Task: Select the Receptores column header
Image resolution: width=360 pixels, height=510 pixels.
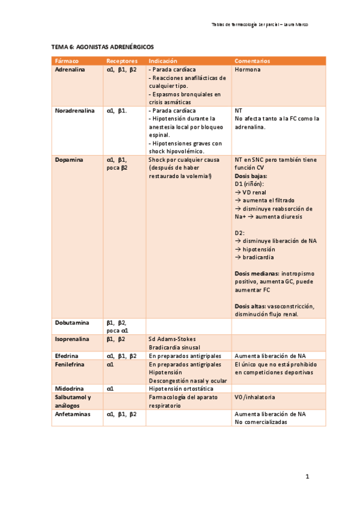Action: coord(122,61)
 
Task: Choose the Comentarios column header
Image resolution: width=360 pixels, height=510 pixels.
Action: coord(252,61)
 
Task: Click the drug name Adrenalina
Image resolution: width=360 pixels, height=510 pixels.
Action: coord(70,70)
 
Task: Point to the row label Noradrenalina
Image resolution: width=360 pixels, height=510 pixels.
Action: coord(74,111)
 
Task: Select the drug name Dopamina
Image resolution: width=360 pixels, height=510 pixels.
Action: coord(69,160)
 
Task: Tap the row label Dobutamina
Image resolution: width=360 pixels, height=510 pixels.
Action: coord(72,323)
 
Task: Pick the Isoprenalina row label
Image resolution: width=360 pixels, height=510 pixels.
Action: coord(72,339)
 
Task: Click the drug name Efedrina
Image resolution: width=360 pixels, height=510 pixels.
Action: coord(67,356)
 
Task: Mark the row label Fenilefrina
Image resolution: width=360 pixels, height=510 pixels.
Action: coord(70,364)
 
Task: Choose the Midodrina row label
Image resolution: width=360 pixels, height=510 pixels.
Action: coord(69,389)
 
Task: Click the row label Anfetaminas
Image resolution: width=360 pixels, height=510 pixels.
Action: coord(72,414)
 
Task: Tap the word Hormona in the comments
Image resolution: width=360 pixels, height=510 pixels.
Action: coord(248,70)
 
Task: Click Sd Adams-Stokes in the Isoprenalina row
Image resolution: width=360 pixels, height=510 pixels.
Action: coord(172,339)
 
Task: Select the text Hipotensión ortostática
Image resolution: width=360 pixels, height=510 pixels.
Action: coord(180,389)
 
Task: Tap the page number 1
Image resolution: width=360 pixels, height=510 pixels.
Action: coord(307,477)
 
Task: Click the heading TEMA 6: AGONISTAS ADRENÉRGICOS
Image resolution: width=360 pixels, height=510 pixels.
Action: coord(102,46)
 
